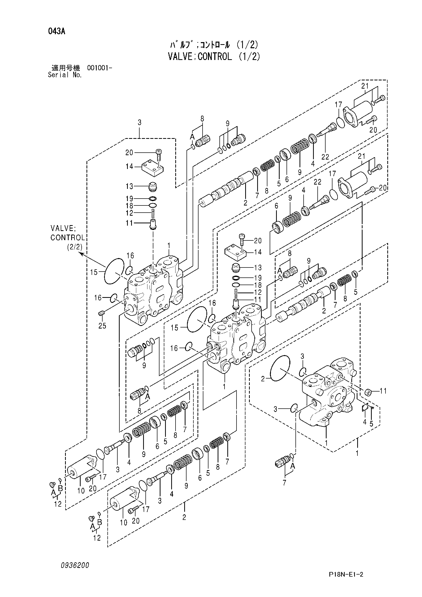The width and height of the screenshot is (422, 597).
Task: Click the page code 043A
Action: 56,32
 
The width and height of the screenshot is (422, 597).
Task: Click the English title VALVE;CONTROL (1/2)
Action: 214,56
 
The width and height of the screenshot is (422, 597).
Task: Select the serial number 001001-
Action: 100,68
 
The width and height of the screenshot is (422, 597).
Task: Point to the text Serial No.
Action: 65,75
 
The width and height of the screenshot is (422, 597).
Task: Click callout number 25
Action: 102,325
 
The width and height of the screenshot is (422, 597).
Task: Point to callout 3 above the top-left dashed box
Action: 140,122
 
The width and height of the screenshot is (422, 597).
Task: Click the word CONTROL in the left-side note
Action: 68,238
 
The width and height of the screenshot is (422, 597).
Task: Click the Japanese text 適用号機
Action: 66,68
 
